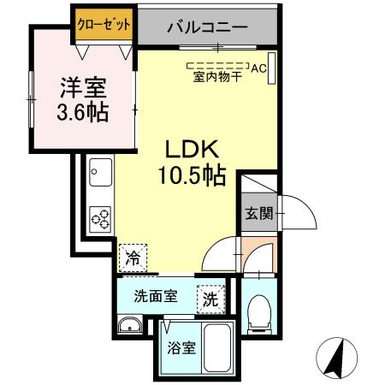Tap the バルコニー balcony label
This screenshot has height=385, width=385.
[x=207, y=28]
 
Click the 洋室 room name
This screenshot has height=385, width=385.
[x=82, y=88]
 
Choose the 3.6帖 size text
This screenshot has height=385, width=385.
[x=82, y=112]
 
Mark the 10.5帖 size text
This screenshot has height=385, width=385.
[x=190, y=176]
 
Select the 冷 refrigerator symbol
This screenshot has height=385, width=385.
[x=133, y=255]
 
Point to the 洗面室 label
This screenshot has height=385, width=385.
[x=156, y=297]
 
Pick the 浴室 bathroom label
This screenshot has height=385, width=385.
[x=181, y=349]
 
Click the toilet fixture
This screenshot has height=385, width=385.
[x=257, y=316]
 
